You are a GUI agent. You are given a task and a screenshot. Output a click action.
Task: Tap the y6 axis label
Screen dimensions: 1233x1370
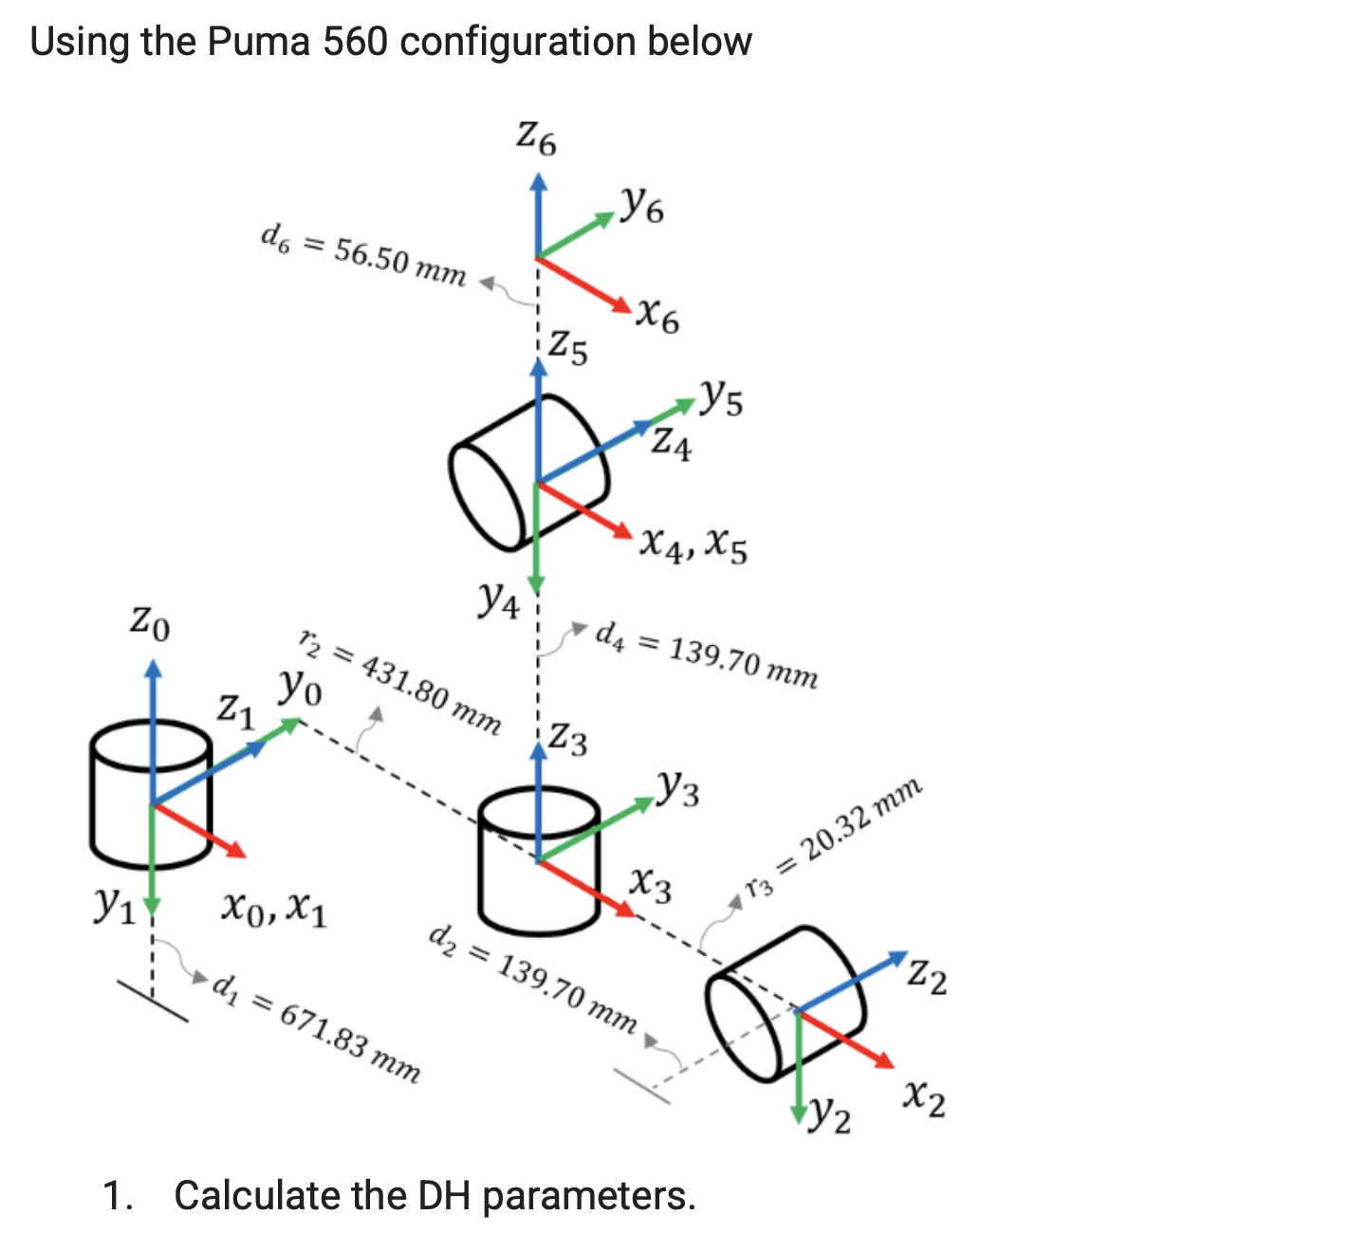pos(642,205)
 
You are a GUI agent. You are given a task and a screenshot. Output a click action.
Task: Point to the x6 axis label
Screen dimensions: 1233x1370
pos(657,315)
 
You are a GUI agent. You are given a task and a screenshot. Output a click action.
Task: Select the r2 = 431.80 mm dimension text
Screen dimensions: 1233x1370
pos(399,681)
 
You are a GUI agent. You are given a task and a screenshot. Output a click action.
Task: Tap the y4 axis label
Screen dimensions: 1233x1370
pos(499,599)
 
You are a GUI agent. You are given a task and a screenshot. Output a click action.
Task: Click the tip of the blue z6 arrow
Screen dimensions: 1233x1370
pos(538,175)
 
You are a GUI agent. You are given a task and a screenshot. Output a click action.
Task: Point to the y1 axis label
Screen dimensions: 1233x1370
pos(113,907)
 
